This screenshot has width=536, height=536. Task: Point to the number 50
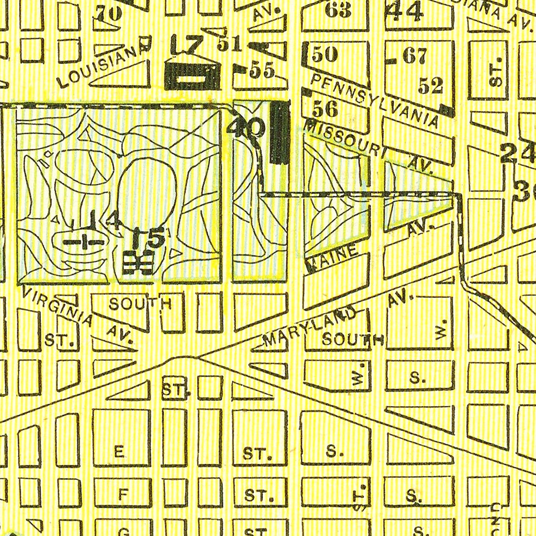(325, 54)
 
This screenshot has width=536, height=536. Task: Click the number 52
(431, 85)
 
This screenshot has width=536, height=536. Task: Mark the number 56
(325, 109)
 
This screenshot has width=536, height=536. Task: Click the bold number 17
(188, 45)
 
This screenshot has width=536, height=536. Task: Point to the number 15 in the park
(148, 238)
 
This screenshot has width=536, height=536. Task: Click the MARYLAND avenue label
(309, 327)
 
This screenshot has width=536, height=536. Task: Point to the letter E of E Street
(119, 452)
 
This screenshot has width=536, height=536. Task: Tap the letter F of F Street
(123, 495)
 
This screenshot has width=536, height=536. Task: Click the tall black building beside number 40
(280, 133)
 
